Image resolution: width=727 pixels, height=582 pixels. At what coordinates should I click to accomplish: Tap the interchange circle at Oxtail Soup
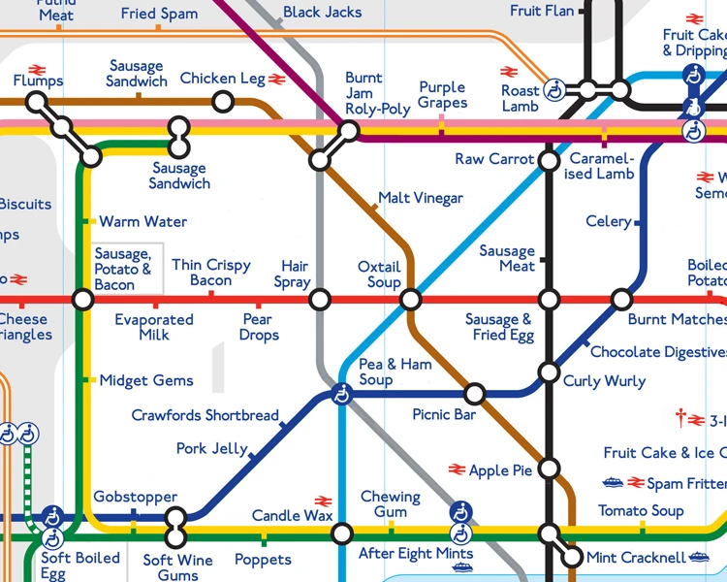pyautogui.click(x=410, y=300)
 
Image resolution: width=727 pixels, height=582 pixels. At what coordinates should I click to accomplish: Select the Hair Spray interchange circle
pyautogui.click(x=320, y=300)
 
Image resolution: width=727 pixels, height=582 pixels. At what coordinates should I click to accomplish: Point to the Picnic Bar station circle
pyautogui.click(x=474, y=394)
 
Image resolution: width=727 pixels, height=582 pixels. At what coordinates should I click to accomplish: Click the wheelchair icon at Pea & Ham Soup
pyautogui.click(x=341, y=395)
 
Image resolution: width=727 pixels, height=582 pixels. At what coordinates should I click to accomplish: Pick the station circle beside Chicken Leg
pyautogui.click(x=223, y=101)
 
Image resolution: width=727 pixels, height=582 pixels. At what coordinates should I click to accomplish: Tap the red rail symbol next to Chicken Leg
pyautogui.click(x=276, y=79)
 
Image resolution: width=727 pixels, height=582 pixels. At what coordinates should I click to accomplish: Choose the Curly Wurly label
pyautogui.click(x=604, y=381)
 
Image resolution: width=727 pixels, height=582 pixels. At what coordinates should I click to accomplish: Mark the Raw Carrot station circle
pyautogui.click(x=549, y=160)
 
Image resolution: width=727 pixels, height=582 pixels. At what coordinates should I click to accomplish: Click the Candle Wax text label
pyautogui.click(x=292, y=515)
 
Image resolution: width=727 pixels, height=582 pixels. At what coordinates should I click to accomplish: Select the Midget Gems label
pyautogui.click(x=146, y=380)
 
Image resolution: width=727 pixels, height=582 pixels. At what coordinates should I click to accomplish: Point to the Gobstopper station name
pyautogui.click(x=135, y=498)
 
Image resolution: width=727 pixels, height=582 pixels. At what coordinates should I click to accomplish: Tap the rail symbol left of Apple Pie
pyautogui.click(x=458, y=469)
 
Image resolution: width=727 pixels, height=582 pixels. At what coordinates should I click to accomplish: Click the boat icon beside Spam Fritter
pyautogui.click(x=612, y=482)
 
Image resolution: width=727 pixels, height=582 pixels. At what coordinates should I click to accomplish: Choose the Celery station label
pyautogui.click(x=608, y=222)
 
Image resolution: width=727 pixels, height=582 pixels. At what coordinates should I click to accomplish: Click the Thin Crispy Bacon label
pyautogui.click(x=211, y=273)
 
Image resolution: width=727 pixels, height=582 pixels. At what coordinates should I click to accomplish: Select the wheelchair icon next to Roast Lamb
pyautogui.click(x=555, y=90)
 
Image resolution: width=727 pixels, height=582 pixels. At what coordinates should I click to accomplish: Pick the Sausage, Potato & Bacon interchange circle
pyautogui.click(x=83, y=300)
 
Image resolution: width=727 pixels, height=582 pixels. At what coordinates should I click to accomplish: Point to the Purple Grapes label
pyautogui.click(x=442, y=95)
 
